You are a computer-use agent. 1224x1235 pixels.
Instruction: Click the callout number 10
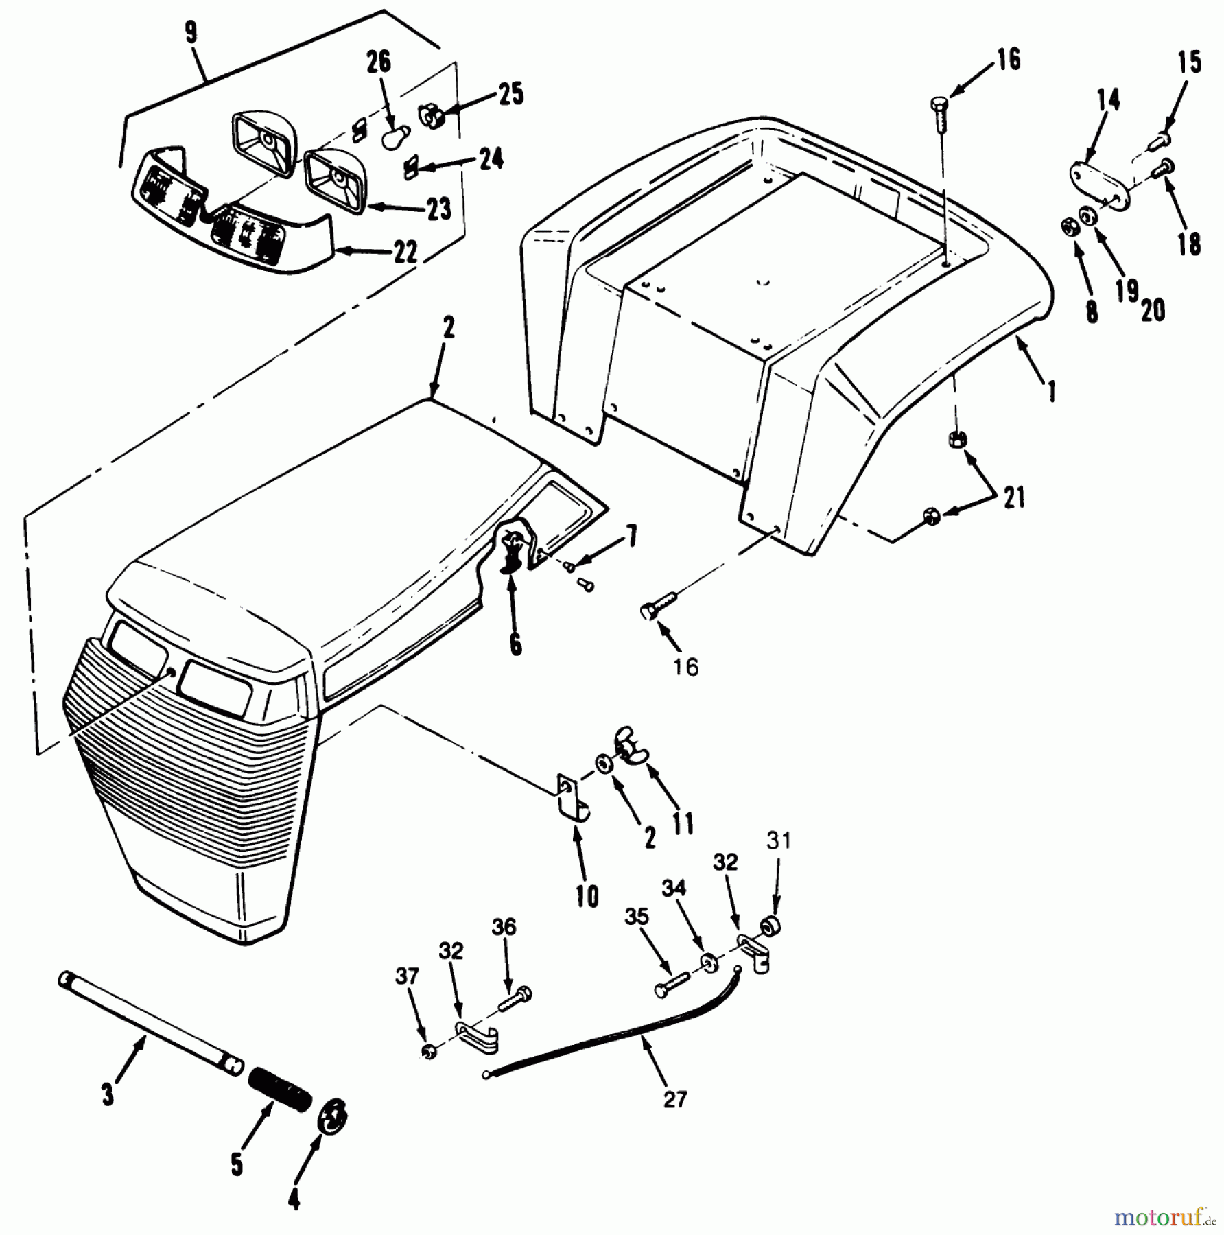[x=587, y=896]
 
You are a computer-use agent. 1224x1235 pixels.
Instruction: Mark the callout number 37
[x=408, y=976]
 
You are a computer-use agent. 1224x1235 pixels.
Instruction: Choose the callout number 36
[x=504, y=927]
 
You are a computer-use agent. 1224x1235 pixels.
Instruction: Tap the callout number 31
[x=778, y=840]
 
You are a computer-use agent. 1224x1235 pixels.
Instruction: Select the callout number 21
[x=1014, y=497]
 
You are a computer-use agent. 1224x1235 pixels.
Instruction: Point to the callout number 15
[x=1190, y=62]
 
